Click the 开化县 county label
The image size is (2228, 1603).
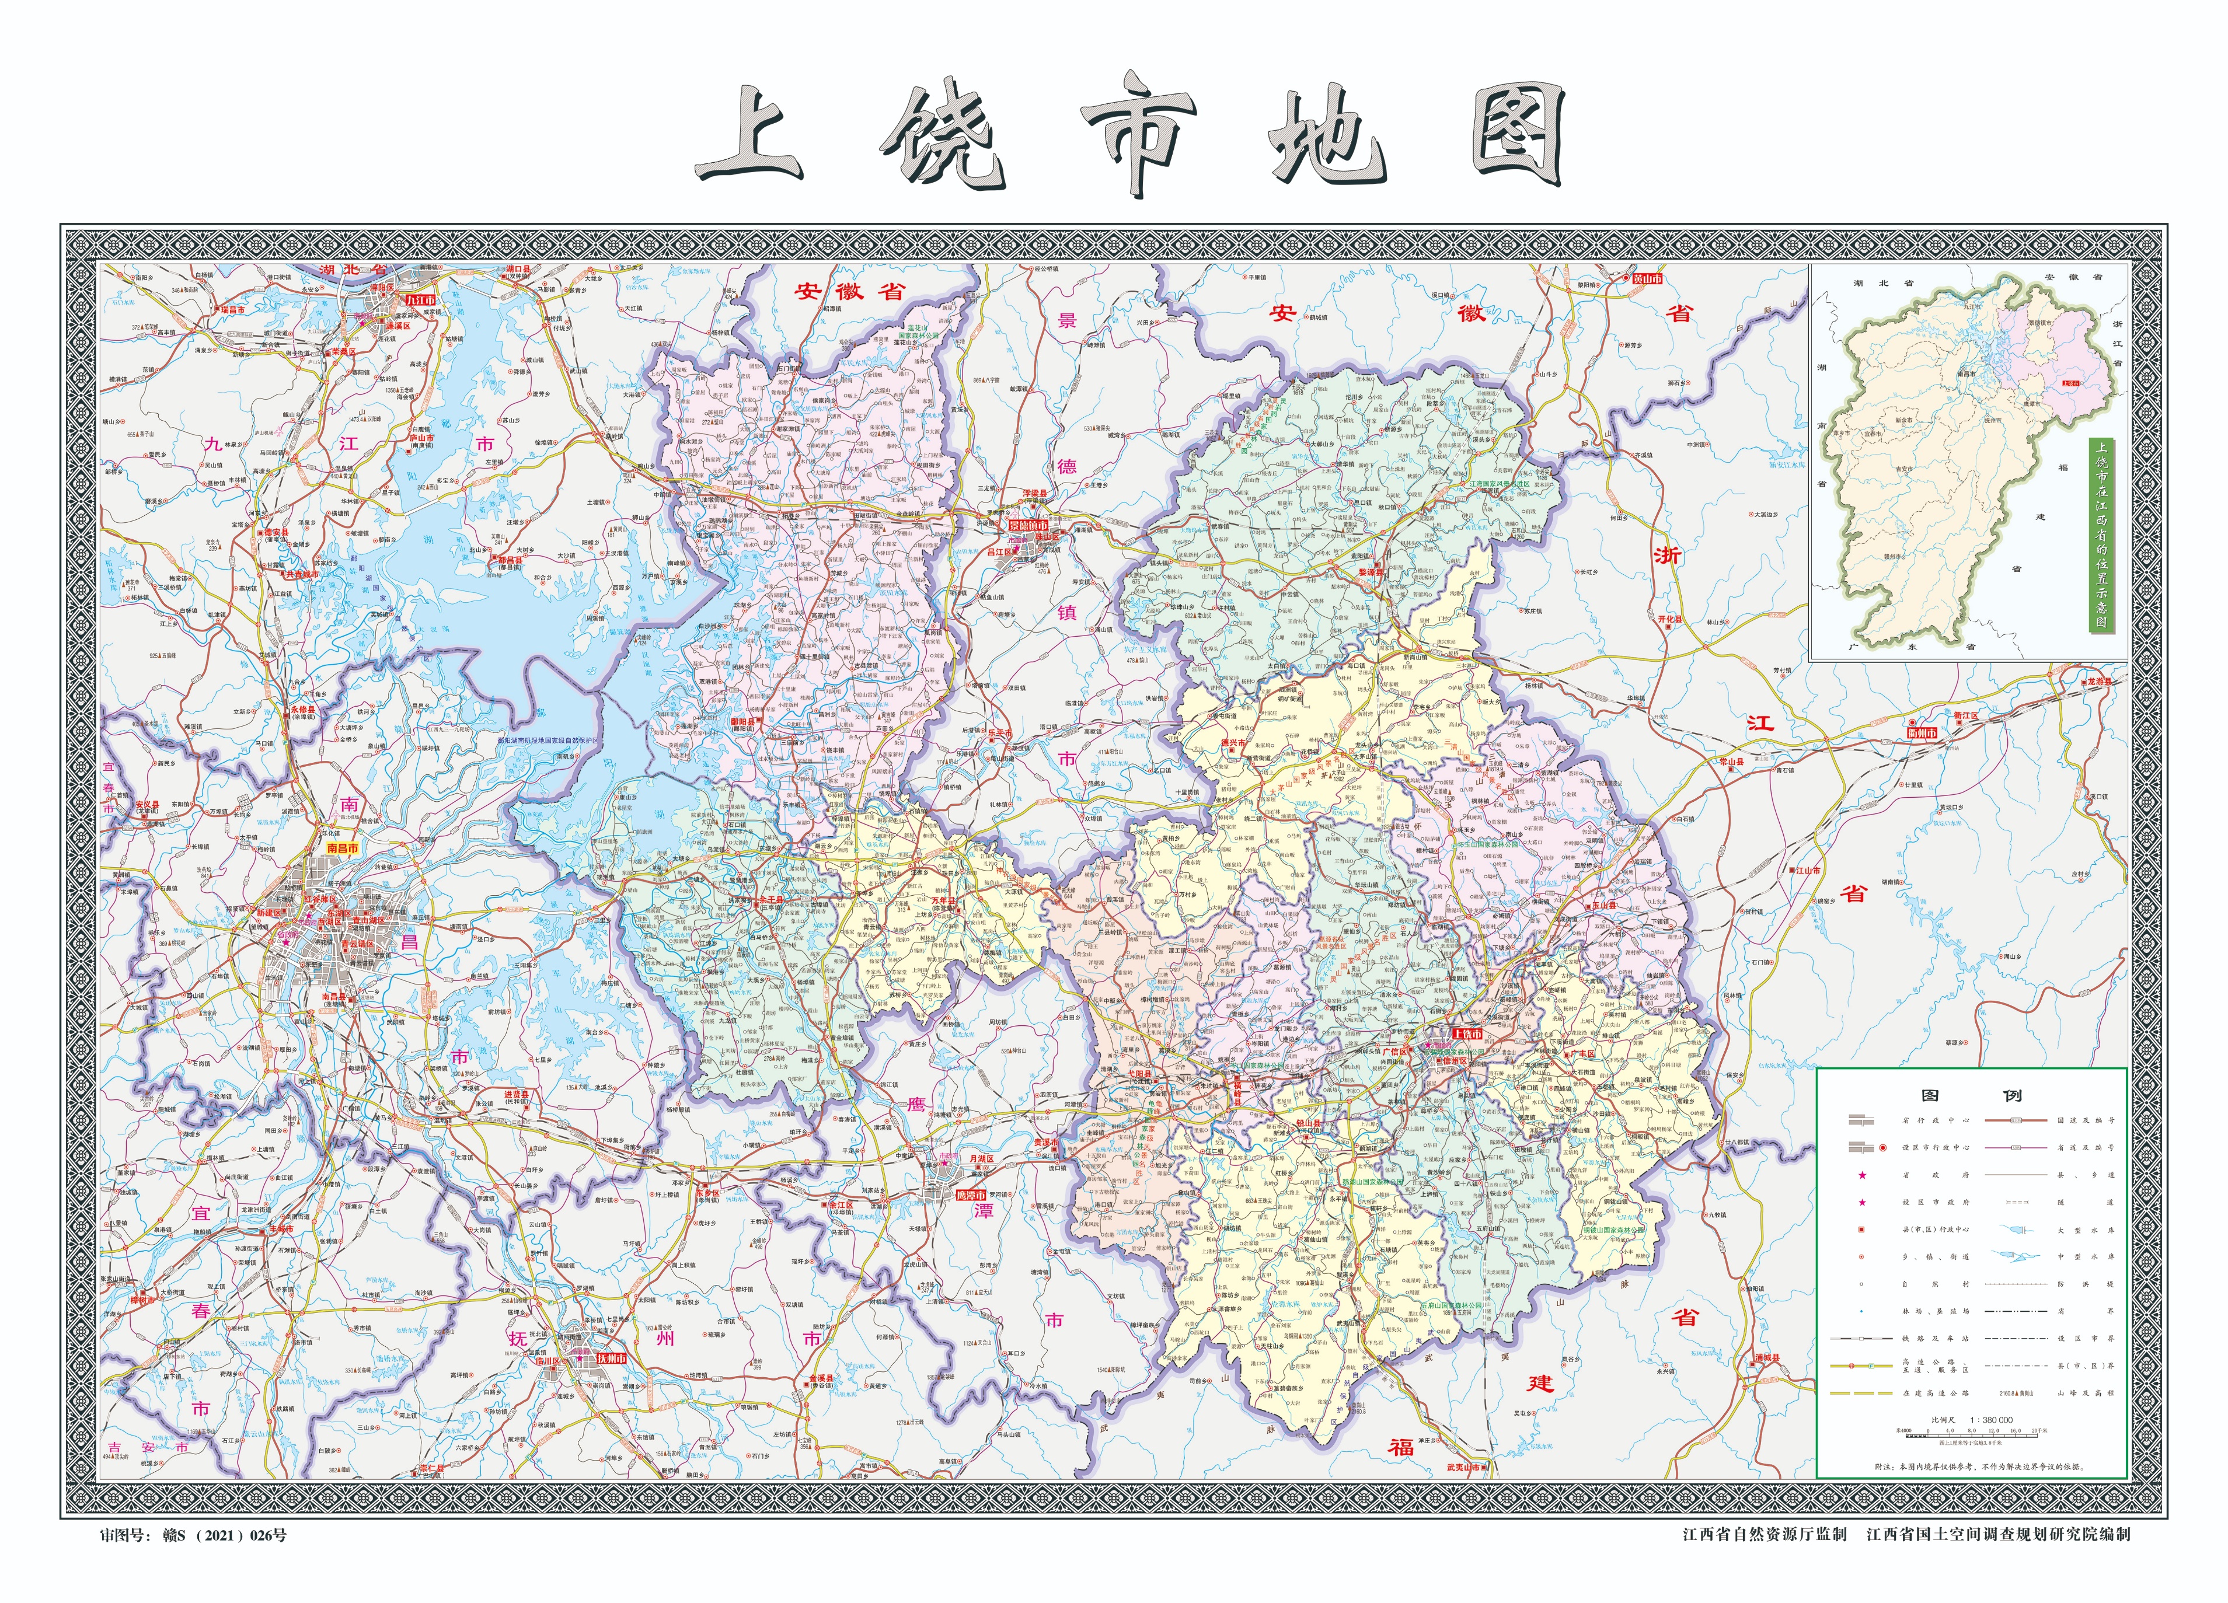click(1670, 620)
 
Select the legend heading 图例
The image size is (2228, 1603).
click(1972, 1096)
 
